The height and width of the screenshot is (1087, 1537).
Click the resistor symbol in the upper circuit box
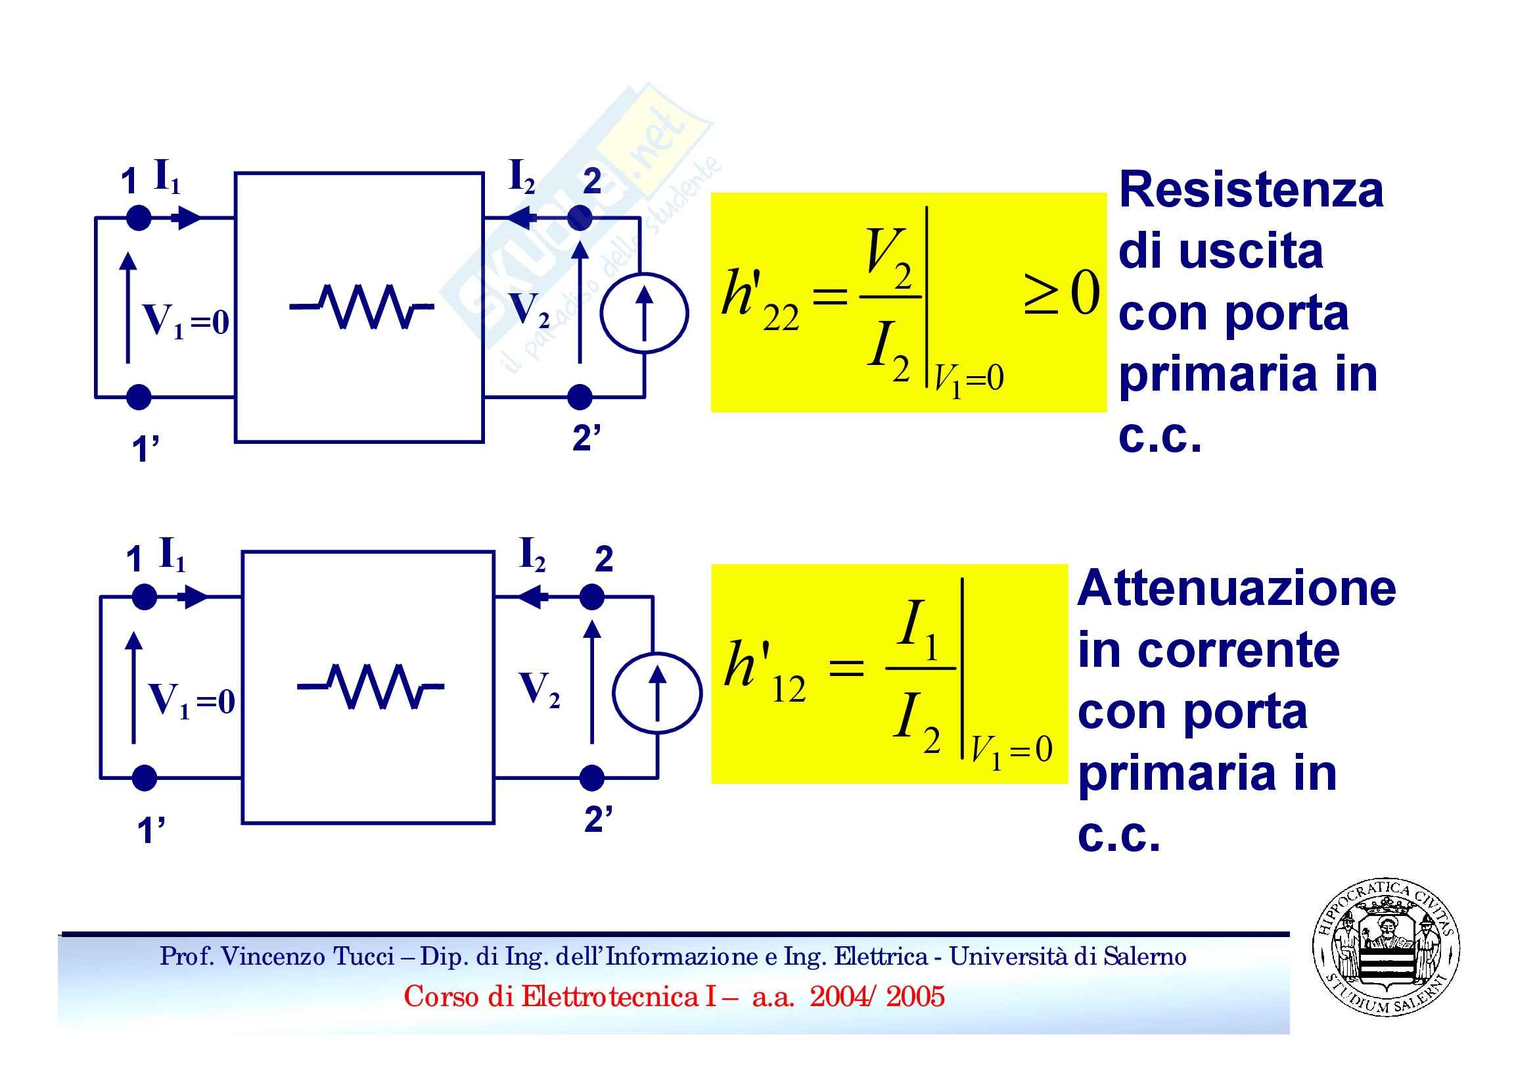tap(361, 306)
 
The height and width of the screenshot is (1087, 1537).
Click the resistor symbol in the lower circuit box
tap(370, 686)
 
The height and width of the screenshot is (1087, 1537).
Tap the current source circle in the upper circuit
tap(644, 314)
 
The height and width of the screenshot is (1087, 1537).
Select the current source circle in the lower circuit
tap(657, 692)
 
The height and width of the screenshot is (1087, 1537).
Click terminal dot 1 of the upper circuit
tap(139, 218)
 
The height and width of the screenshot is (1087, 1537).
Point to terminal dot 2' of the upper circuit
tap(580, 397)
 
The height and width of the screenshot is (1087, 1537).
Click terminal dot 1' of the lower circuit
tap(145, 778)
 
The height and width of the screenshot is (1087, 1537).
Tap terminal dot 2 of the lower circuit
tap(592, 596)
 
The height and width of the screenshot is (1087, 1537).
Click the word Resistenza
tap(1250, 189)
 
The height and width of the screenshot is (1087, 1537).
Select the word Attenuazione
tap(1237, 588)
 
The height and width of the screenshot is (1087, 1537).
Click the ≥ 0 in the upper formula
tap(1062, 293)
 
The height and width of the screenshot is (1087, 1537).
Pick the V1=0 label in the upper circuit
tap(185, 320)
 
